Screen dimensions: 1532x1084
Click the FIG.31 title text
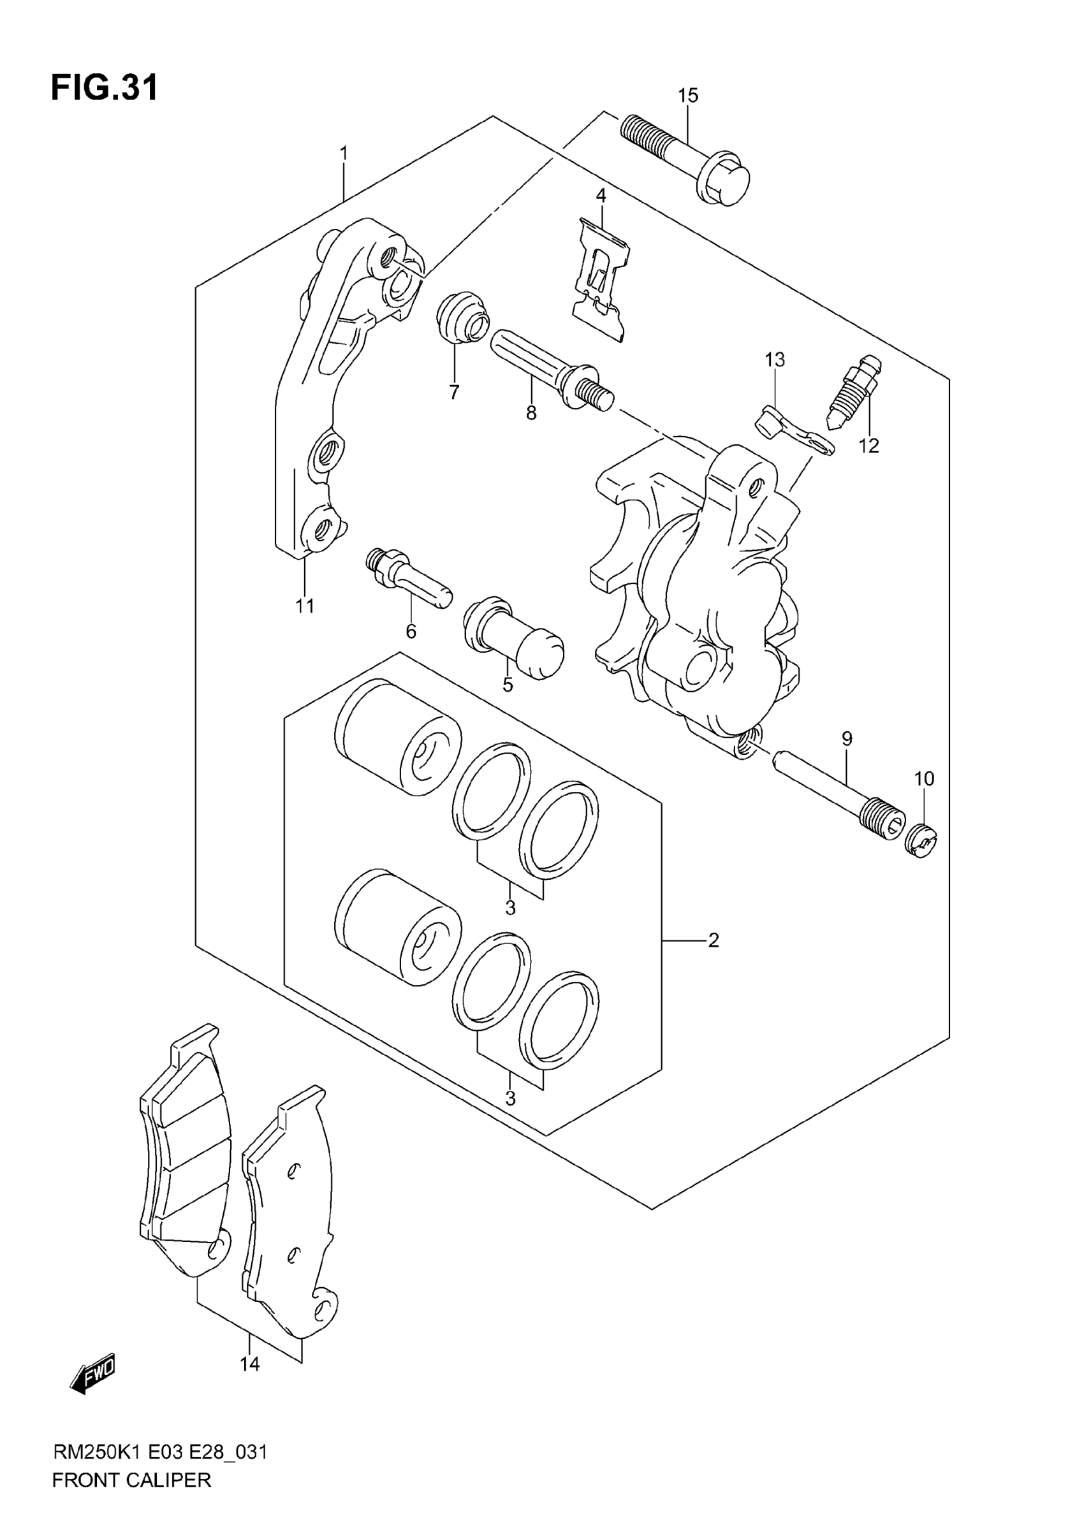[105, 88]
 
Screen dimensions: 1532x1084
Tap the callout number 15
[687, 96]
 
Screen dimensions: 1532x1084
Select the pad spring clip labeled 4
[600, 280]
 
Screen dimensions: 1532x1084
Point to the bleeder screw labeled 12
[854, 393]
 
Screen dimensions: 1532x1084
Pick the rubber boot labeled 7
[461, 317]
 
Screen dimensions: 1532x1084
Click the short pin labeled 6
[408, 578]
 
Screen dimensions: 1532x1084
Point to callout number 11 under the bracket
[305, 606]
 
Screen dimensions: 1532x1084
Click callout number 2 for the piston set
[713, 940]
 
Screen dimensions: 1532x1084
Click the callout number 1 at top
[344, 154]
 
